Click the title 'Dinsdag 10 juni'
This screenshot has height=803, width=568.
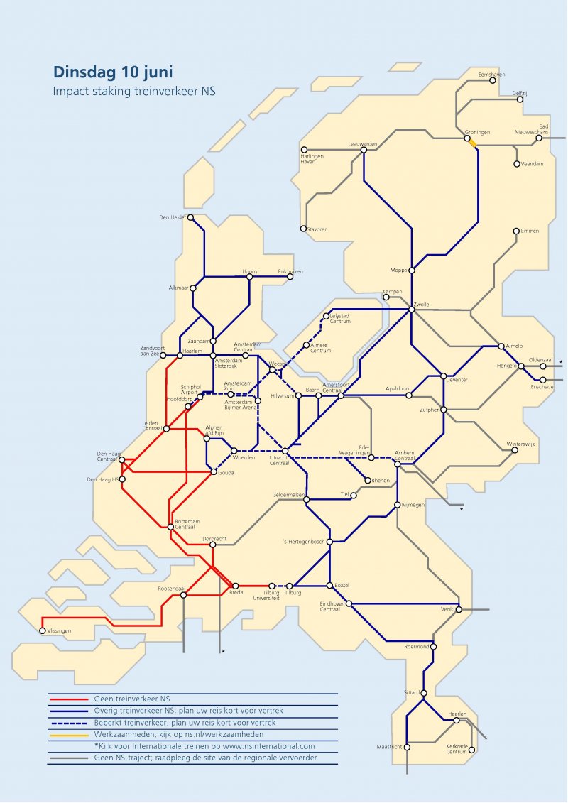113,72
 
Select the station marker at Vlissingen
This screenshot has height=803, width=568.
43,630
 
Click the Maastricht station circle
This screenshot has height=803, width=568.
407,747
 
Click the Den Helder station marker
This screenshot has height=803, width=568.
190,218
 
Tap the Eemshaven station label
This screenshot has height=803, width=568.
491,75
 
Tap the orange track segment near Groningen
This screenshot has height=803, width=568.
471,143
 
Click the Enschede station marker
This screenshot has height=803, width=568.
542,380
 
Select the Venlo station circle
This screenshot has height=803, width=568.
459,609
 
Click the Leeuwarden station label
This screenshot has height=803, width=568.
362,144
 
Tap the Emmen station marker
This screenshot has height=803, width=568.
516,231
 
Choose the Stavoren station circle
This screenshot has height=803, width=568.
303,229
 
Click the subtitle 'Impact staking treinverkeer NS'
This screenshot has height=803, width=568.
133,91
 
